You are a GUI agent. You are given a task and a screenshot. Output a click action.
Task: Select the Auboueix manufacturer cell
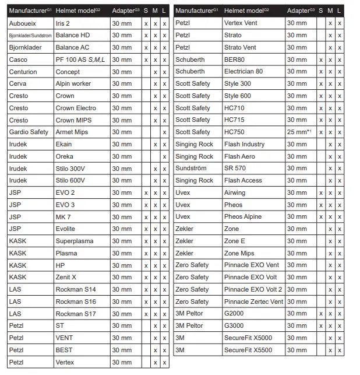tap(23, 23)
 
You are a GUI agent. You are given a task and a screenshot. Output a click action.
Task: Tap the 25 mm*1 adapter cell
tap(299, 132)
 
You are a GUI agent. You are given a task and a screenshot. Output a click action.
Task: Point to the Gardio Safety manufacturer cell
tap(29, 132)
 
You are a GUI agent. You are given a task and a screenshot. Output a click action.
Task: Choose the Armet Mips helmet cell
tap(72, 132)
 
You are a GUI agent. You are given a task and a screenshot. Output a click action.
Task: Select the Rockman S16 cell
tap(76, 302)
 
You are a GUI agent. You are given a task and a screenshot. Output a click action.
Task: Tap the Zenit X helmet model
tap(66, 277)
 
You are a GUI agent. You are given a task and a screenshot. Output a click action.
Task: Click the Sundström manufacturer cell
tap(190, 169)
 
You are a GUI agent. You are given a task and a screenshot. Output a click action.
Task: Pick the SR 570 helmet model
tap(235, 169)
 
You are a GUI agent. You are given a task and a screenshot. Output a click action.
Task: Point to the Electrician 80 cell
tap(243, 72)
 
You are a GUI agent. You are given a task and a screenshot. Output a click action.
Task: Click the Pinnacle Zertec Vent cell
tap(253, 302)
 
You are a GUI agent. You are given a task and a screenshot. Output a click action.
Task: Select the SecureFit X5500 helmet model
tap(248, 350)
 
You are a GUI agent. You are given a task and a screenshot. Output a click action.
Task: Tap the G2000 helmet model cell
tap(234, 314)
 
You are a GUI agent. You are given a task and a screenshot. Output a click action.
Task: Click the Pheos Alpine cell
tap(243, 217)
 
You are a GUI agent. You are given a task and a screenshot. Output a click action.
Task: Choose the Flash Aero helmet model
tap(239, 156)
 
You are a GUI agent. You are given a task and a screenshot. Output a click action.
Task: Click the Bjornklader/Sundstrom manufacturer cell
tap(30, 36)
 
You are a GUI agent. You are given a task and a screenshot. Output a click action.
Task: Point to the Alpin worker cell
tap(73, 84)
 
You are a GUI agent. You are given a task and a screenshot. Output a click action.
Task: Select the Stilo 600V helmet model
tap(70, 181)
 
